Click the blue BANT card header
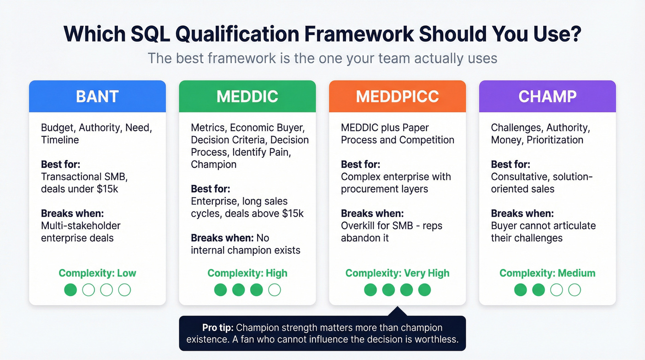pos(97,96)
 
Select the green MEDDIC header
pos(247,96)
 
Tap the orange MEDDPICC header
pos(397,96)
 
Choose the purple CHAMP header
pos(547,96)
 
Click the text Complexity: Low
pos(97,273)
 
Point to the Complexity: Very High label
pos(397,273)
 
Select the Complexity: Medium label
pos(547,273)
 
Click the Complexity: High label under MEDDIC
pos(247,273)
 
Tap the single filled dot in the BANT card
pos(70,289)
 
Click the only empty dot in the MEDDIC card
pos(274,289)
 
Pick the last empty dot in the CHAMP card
pos(574,289)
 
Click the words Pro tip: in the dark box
pos(218,328)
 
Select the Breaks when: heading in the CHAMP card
pos(522,213)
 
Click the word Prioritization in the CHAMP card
pos(556,140)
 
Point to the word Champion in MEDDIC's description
pos(213,165)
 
